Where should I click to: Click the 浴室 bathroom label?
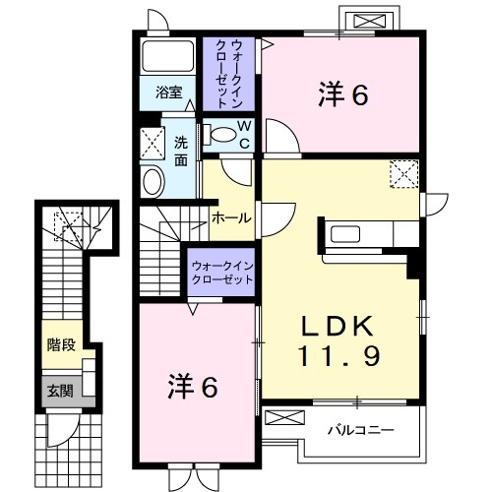click(168, 93)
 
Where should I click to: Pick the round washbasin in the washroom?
click(154, 179)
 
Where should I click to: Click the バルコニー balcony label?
click(360, 430)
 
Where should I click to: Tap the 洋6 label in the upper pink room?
click(342, 95)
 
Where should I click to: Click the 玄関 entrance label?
click(59, 391)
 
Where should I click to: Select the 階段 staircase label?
click(60, 345)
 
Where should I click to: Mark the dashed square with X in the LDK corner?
click(403, 175)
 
